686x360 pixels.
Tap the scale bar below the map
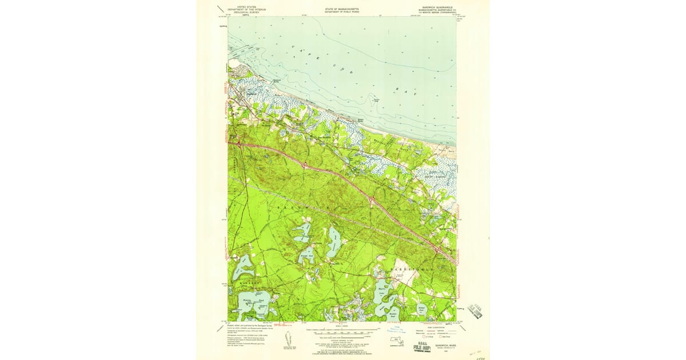click(343, 331)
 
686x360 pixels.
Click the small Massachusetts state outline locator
click(394, 343)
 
